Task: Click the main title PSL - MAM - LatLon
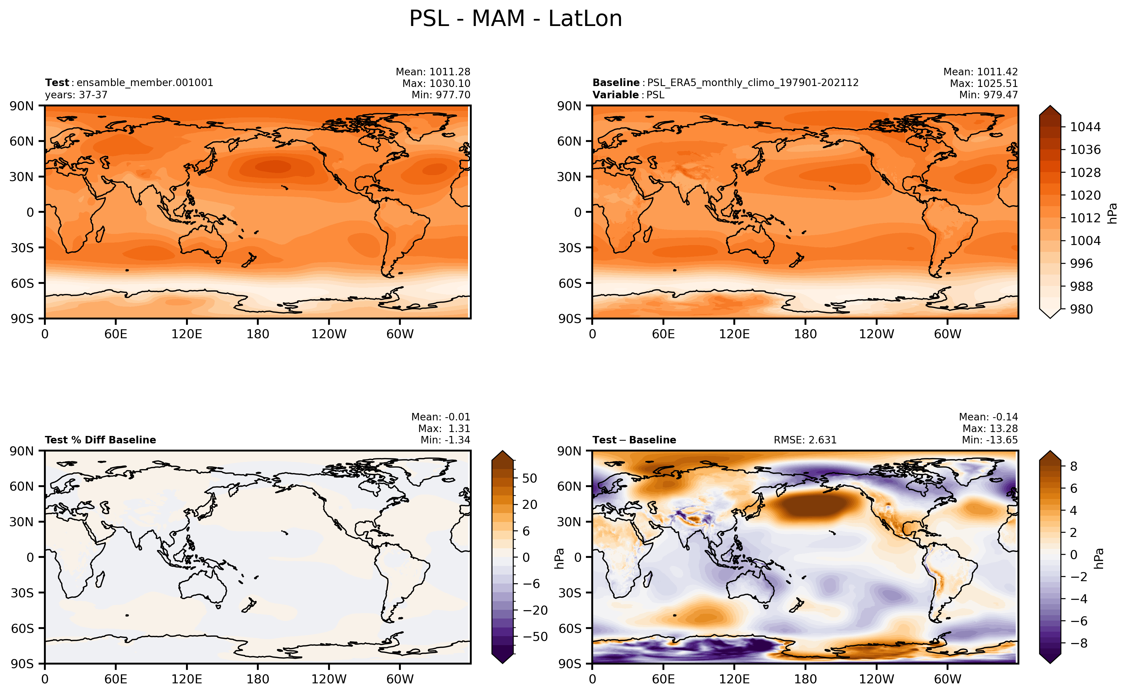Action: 515,19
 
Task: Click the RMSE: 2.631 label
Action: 805,440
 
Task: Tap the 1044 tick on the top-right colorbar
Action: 1085,127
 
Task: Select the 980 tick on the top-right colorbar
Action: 1081,309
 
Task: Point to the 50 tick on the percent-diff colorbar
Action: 529,478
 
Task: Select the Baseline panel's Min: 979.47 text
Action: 988,95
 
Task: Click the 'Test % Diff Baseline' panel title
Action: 100,440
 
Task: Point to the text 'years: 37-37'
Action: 76,95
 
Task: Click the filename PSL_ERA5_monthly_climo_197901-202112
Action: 753,83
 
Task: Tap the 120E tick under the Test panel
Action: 187,334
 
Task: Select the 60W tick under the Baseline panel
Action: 948,334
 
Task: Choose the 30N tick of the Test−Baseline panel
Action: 569,522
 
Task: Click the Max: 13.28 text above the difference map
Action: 990,428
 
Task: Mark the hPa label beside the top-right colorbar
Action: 1112,213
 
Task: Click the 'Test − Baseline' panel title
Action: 634,440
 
